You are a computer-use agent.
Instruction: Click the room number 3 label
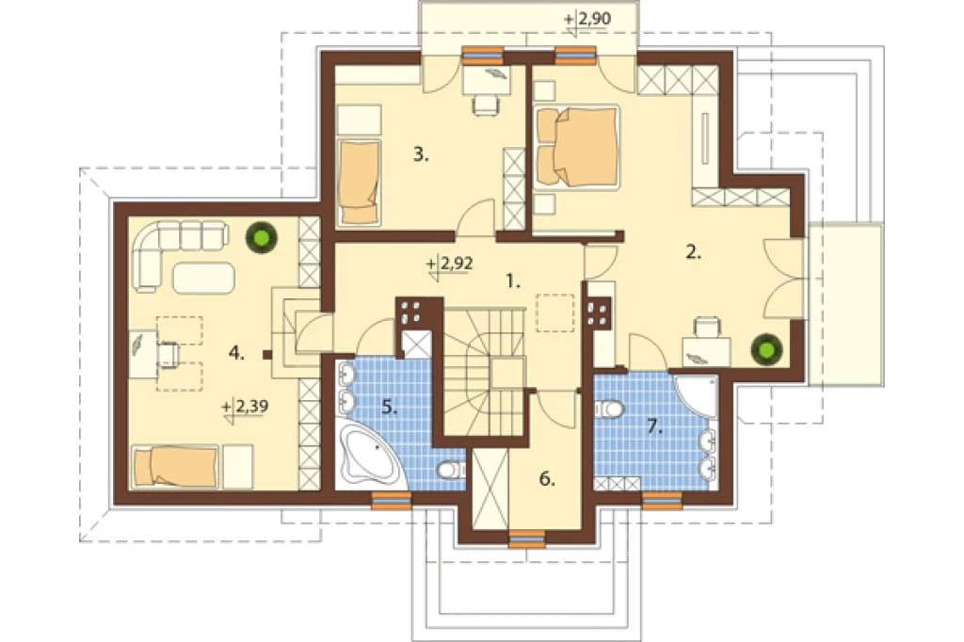tap(421, 154)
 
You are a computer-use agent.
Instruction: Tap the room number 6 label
tap(547, 479)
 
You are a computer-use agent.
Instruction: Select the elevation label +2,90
tap(587, 21)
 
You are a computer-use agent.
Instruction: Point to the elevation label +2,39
tap(246, 407)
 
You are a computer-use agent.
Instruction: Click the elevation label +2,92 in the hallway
tap(450, 264)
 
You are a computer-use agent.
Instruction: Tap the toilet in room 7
tap(610, 408)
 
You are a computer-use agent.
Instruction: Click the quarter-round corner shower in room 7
tap(698, 394)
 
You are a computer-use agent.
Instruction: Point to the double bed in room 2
tap(577, 147)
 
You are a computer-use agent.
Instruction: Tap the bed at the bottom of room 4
tap(176, 466)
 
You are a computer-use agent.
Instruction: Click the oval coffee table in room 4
tap(203, 278)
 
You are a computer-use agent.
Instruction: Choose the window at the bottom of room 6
tap(527, 538)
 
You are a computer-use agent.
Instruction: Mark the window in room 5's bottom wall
tap(391, 501)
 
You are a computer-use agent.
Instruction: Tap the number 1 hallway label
tap(513, 281)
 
